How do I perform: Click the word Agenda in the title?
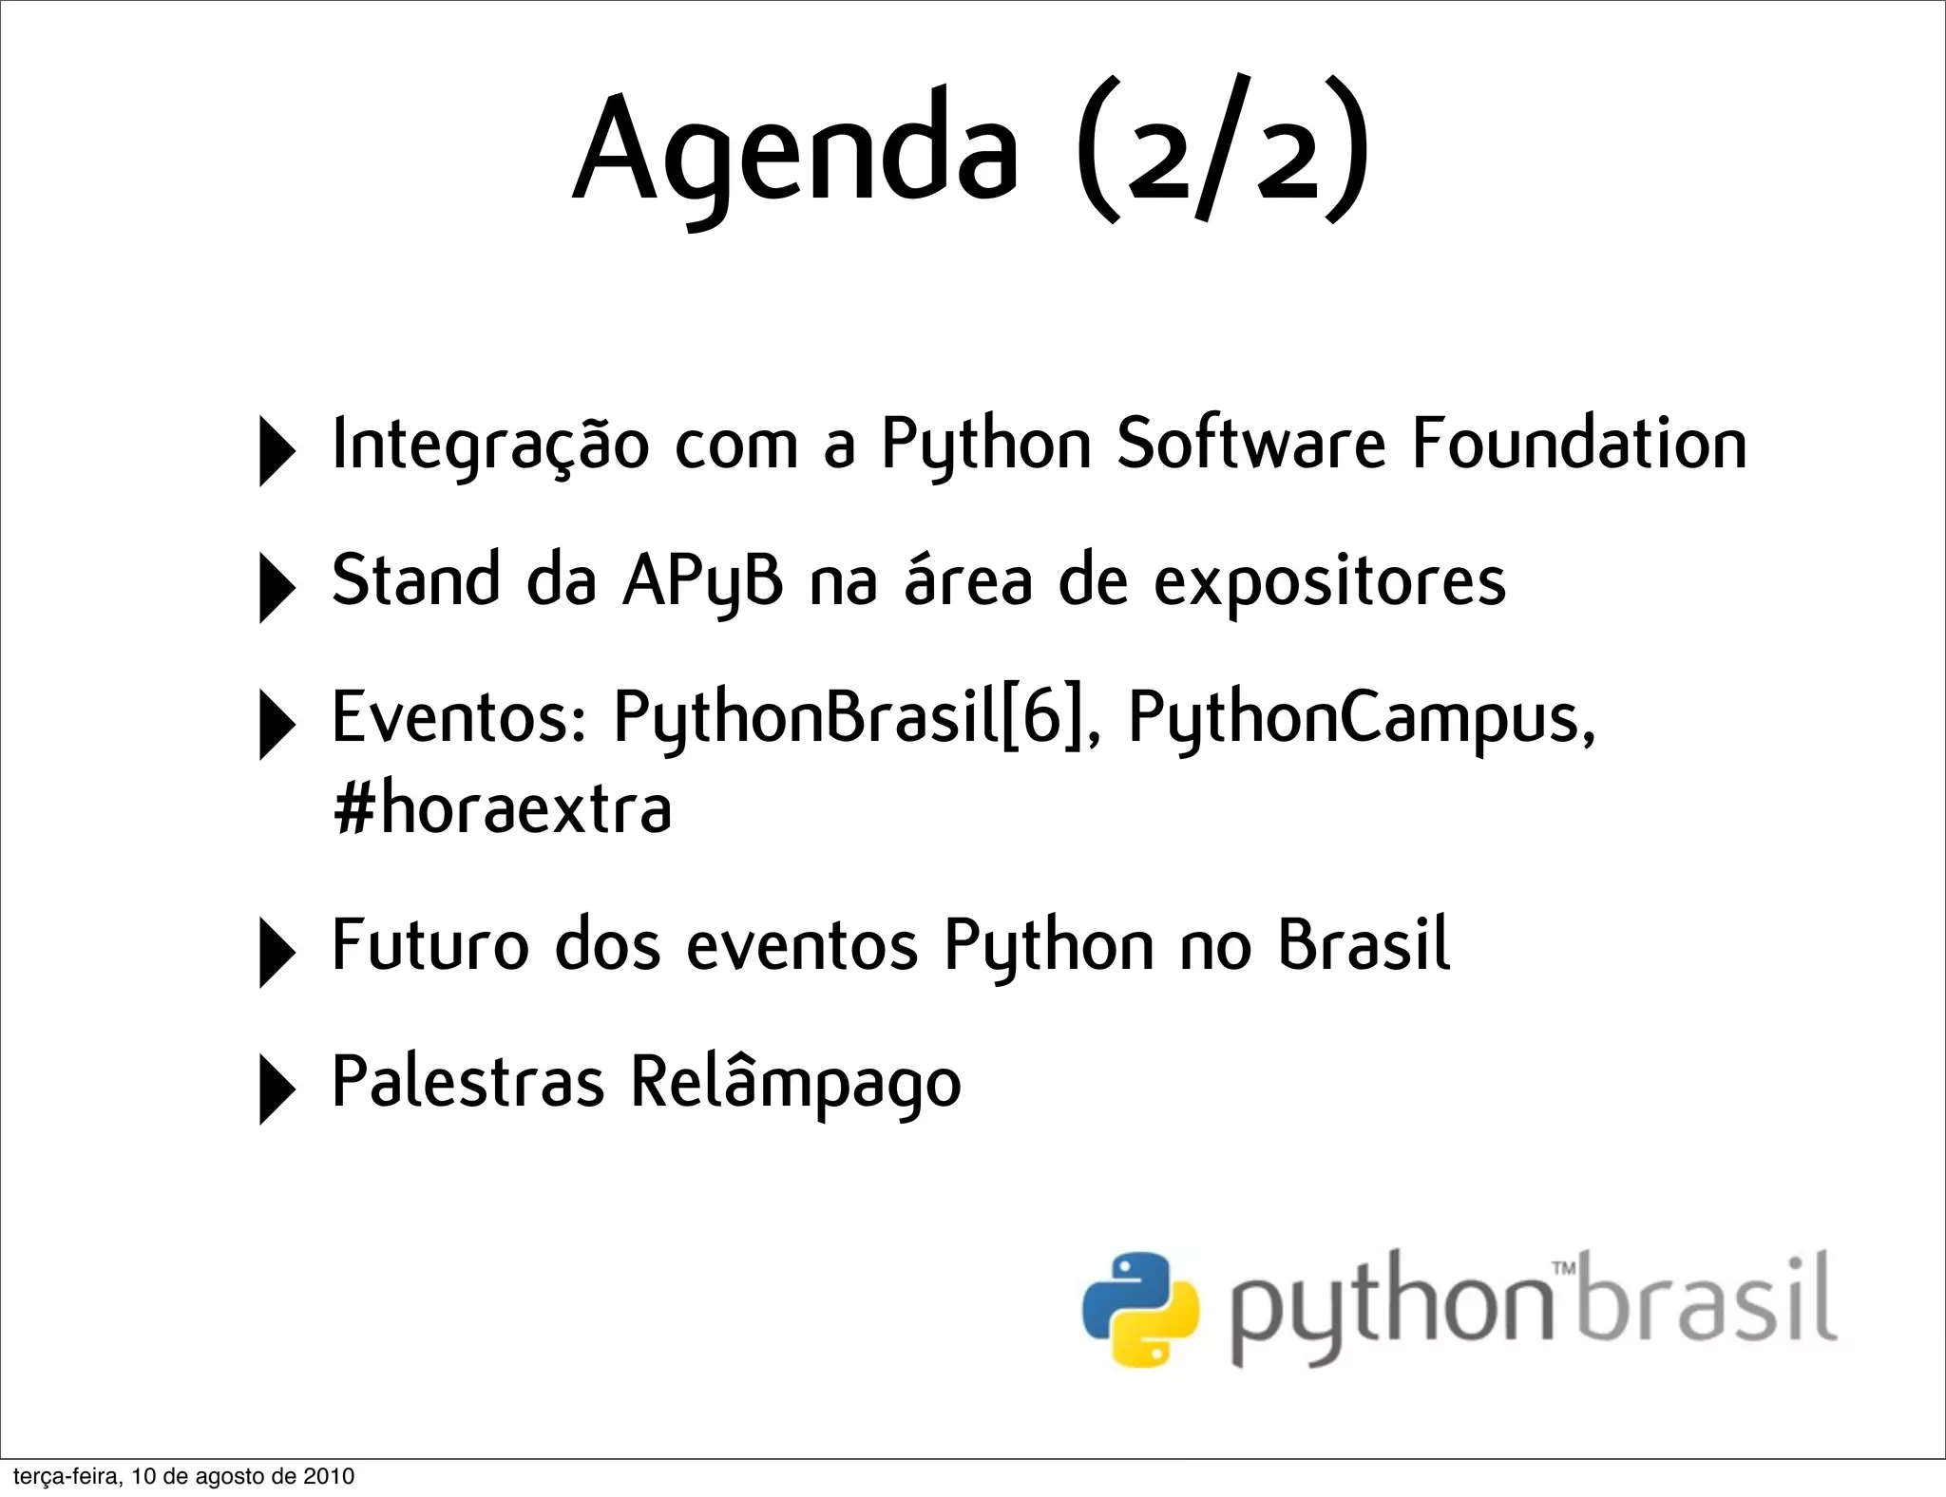pos(796,150)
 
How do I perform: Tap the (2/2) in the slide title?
pos(1223,150)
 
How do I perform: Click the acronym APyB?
pos(703,580)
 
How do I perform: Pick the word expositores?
pos(1329,582)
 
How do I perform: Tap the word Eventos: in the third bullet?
pos(460,717)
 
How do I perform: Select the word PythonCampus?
pos(1362,719)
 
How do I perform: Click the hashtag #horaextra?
pos(503,809)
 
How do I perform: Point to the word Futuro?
pos(429,945)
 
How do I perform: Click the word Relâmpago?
pos(796,1084)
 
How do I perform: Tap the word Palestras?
pos(467,1082)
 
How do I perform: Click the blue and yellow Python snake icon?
pos(1140,1309)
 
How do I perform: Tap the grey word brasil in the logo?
pos(1708,1299)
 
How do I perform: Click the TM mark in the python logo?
pos(1563,1268)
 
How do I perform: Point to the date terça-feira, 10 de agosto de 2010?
pos(183,1476)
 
